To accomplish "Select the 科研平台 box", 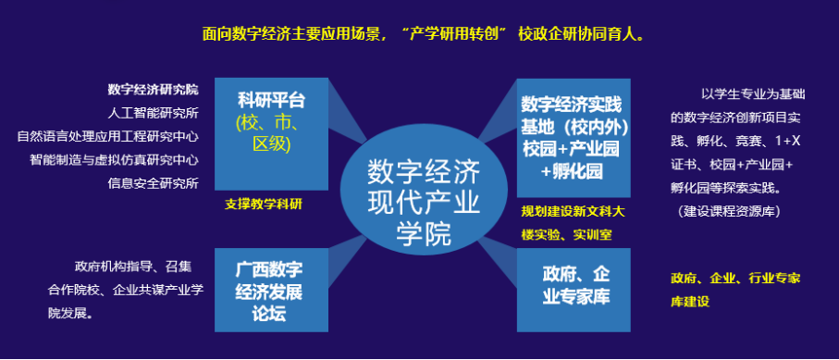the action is [271, 134].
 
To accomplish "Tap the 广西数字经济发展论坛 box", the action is [271, 290].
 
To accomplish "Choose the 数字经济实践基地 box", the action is [574, 138].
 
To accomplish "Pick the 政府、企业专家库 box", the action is [574, 290].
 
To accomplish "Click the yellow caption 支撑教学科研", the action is [267, 205].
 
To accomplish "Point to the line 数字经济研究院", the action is [153, 90].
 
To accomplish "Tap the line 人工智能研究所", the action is [153, 113].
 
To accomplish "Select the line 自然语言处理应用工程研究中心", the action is [108, 137].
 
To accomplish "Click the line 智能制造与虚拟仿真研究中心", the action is [114, 160].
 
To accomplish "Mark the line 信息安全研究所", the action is [153, 184].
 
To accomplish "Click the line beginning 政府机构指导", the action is [133, 267].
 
